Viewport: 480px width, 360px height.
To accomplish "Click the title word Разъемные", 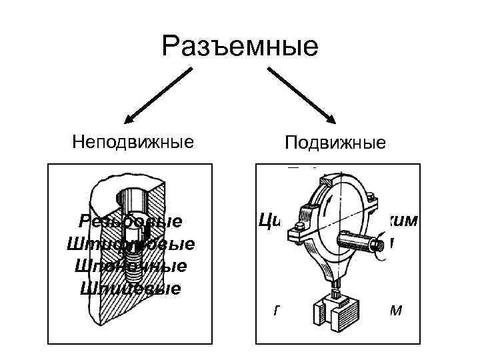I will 241,47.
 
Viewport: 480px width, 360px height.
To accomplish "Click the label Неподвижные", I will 133,141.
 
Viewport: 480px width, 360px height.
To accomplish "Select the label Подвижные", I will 335,143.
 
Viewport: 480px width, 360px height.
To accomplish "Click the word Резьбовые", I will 130,221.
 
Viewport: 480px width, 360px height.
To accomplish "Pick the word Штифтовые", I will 131,244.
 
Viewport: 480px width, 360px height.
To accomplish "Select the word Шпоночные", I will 131,266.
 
